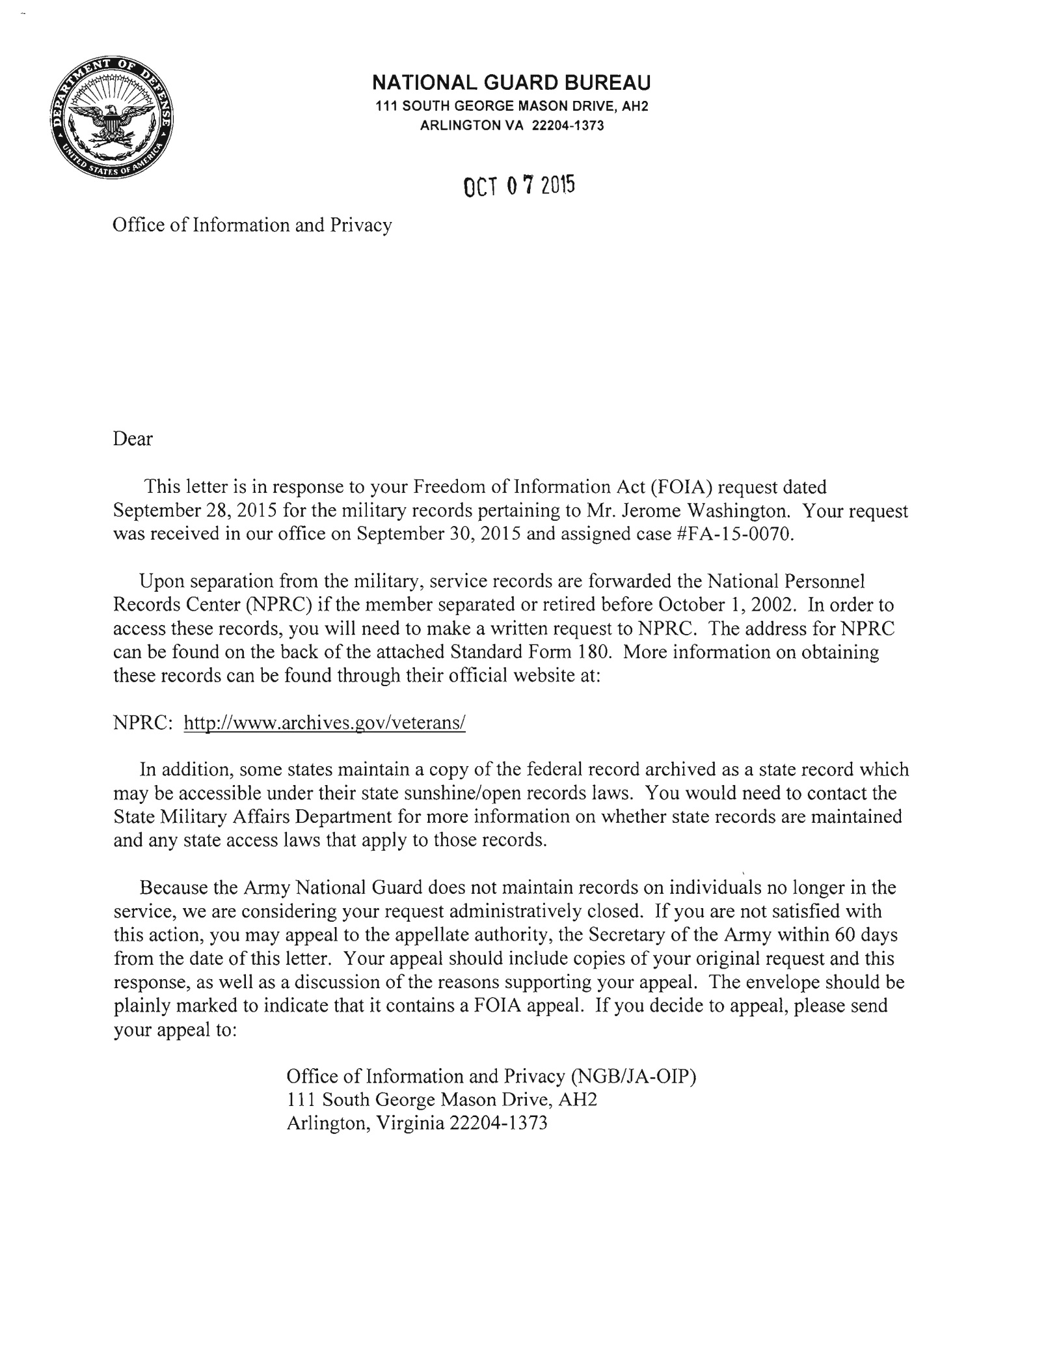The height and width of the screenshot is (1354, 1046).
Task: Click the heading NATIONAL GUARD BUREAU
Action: (x=511, y=83)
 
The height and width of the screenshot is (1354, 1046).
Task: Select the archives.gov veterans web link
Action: (x=325, y=723)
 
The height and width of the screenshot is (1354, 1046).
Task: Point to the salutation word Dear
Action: (x=133, y=439)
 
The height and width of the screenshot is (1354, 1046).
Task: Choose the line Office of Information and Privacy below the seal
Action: (x=252, y=226)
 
